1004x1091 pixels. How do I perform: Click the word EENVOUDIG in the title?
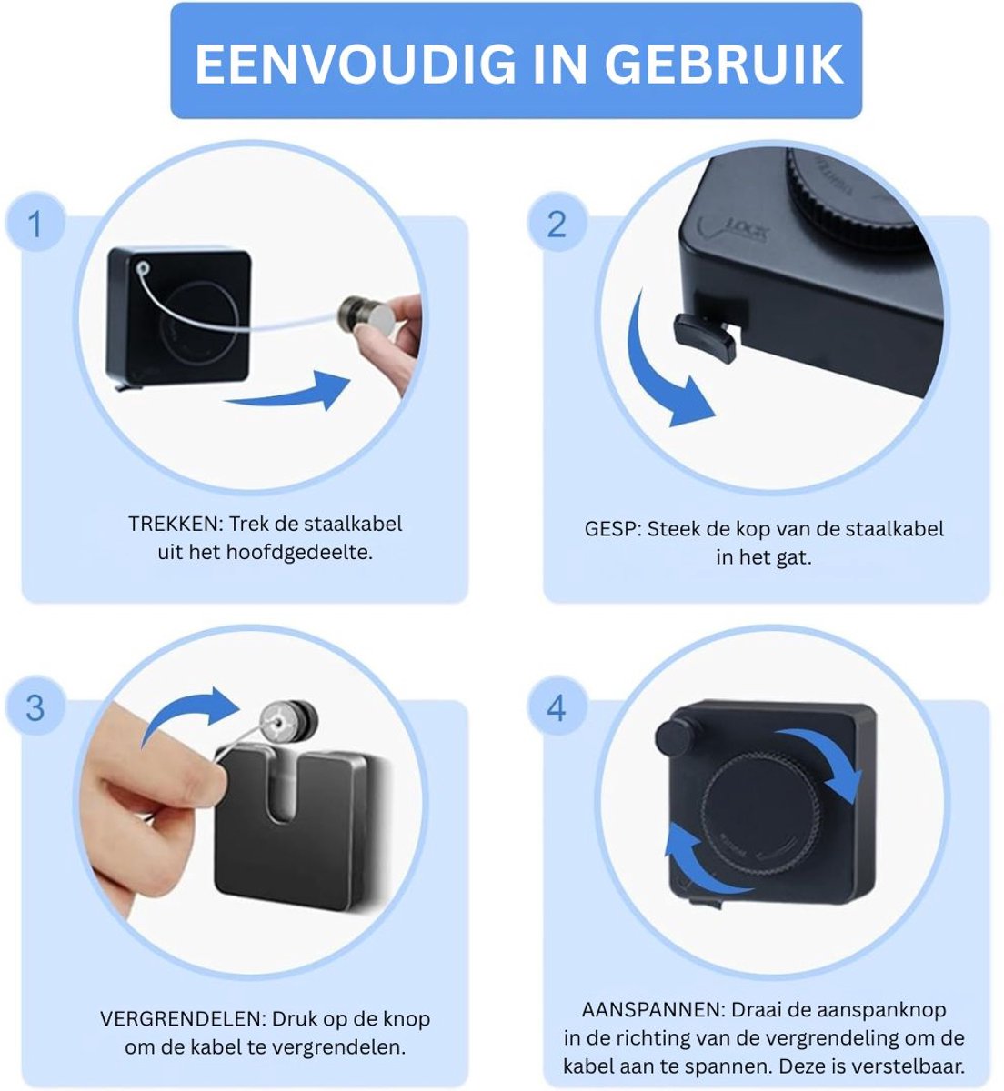point(355,65)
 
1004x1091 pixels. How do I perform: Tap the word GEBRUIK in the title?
point(724,65)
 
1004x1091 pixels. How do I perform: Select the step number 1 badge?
point(35,223)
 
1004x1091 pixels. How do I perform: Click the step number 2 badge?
point(557,223)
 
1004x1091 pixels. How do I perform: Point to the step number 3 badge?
point(35,707)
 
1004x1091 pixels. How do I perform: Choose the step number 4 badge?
point(557,707)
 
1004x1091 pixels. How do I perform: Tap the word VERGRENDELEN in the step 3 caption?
point(183,1018)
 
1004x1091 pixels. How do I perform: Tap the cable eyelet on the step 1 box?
point(143,267)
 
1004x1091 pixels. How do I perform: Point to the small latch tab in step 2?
point(704,336)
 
